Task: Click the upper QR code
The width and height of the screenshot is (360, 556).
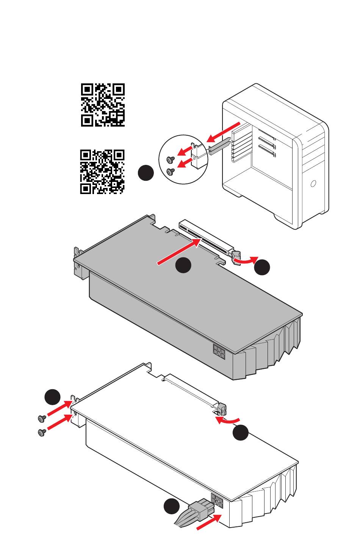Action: pyautogui.click(x=103, y=105)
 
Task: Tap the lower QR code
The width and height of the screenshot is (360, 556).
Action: pyautogui.click(x=102, y=172)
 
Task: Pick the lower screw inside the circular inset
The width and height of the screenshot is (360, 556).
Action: pyautogui.click(x=171, y=172)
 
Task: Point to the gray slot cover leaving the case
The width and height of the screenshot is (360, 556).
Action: pyautogui.click(x=219, y=146)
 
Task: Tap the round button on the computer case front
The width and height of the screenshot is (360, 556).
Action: pyautogui.click(x=313, y=184)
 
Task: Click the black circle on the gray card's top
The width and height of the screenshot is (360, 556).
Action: pyautogui.click(x=183, y=265)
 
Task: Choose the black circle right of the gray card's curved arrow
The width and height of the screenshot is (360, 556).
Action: pyautogui.click(x=262, y=268)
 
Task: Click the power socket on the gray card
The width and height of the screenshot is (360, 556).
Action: pyautogui.click(x=219, y=352)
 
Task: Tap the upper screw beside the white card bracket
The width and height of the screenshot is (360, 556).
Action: pyautogui.click(x=42, y=418)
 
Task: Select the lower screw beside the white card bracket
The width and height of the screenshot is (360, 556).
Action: pyautogui.click(x=42, y=432)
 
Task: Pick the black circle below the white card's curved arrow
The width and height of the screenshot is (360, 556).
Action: pyautogui.click(x=241, y=433)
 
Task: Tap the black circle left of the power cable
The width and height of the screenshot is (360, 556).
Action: pyautogui.click(x=172, y=507)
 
